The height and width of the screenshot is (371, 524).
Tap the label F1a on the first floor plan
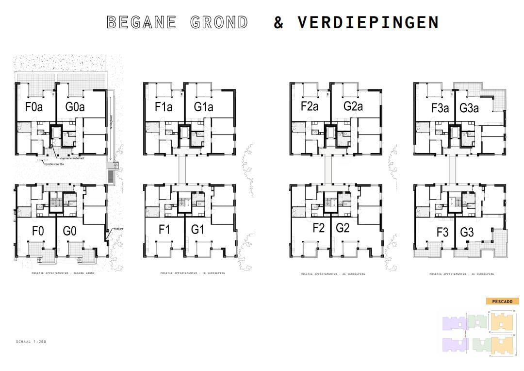point(164,106)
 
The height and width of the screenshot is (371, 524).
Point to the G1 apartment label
point(197,230)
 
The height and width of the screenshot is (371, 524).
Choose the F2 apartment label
point(318,228)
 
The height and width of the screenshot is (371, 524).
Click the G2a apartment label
point(353,106)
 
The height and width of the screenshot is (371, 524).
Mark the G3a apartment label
point(469,108)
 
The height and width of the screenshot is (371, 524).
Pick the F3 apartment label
point(442,232)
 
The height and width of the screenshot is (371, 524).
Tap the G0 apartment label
point(70,231)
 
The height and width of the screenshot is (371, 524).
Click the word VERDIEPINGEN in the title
point(368,22)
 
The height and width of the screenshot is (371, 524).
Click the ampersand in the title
point(278,22)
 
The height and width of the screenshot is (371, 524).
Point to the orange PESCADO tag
point(502,301)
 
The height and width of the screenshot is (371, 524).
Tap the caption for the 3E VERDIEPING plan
point(461,274)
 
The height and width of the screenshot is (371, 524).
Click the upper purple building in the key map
point(454,323)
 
